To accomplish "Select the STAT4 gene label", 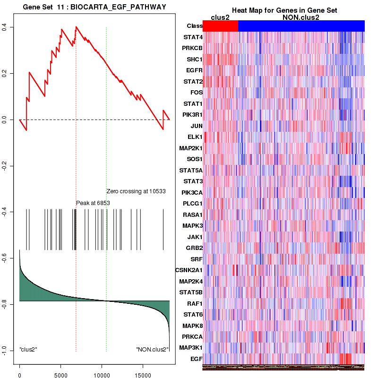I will click(x=193, y=37).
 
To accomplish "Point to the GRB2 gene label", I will click(x=194, y=248).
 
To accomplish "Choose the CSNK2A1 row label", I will click(x=189, y=270).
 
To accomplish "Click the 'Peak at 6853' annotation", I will click(x=93, y=203).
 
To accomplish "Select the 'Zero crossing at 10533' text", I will click(x=136, y=191).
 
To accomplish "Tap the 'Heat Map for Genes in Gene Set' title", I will click(x=284, y=10).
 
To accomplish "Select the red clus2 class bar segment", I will click(x=220, y=26).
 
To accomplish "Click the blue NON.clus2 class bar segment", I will click(x=301, y=26).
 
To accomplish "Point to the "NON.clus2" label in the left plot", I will click(x=152, y=350).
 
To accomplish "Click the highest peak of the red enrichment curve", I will click(x=76, y=27).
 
